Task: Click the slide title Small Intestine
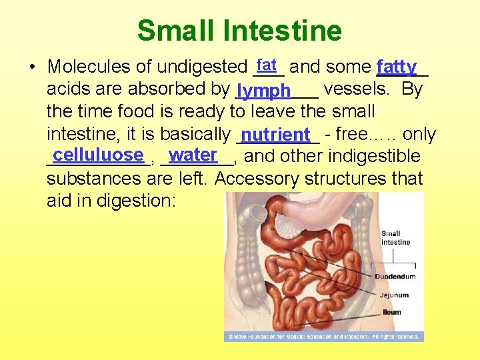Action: pos(239,31)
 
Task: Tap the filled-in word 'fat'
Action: pos(267,65)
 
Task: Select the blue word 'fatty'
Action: pos(396,67)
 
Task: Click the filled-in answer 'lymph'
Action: pos(263,91)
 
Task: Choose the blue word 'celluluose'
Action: pos(98,155)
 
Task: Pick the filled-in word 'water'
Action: pos(193,155)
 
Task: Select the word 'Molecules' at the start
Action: pos(91,67)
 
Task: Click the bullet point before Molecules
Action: pos(31,67)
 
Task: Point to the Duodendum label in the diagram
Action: pos(395,276)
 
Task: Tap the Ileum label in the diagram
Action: pos(392,312)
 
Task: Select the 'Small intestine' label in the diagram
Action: pos(395,238)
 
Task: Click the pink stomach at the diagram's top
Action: pos(333,203)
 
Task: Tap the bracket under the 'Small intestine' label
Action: pos(395,253)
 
